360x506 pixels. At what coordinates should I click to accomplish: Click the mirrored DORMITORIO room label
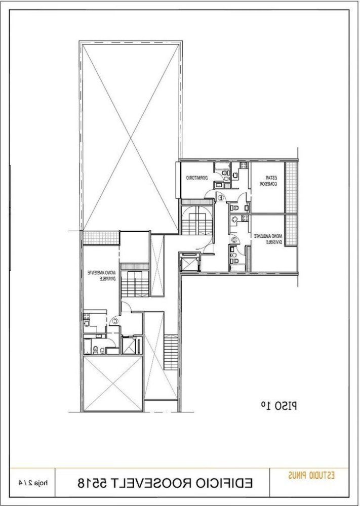pyautogui.click(x=193, y=178)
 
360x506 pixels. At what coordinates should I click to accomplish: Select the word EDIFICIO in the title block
pyautogui.click(x=223, y=483)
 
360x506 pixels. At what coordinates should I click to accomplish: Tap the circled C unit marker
pyautogui.click(x=115, y=319)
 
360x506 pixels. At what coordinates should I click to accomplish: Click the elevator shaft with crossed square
pyautogui.click(x=190, y=263)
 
